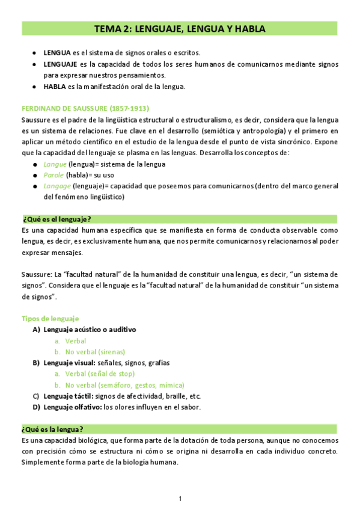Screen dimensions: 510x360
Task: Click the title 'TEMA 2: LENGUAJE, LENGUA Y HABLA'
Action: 180,28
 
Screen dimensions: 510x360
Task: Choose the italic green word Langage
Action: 56,186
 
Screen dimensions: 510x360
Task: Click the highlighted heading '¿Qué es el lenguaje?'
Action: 56,218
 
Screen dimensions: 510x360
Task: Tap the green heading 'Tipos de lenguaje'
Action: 50,319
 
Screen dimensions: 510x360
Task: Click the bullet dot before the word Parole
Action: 35,176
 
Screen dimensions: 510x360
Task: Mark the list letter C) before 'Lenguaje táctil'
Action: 35,396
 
